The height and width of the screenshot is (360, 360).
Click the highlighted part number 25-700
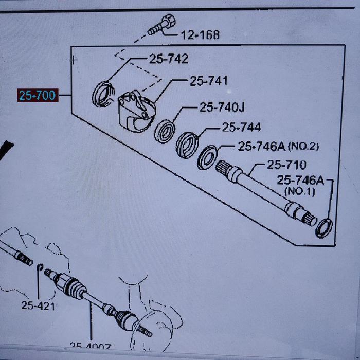click(x=37, y=95)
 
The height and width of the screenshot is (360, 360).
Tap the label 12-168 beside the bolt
click(x=200, y=35)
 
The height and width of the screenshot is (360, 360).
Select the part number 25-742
click(x=169, y=59)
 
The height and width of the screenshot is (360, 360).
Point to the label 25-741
click(x=209, y=81)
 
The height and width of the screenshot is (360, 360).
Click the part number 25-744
click(x=241, y=127)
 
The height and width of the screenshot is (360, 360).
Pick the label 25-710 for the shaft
click(x=286, y=165)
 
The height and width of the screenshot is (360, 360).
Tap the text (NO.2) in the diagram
click(x=303, y=147)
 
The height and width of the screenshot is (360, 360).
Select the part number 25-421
click(x=38, y=305)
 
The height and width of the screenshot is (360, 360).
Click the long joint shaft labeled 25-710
click(x=267, y=193)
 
